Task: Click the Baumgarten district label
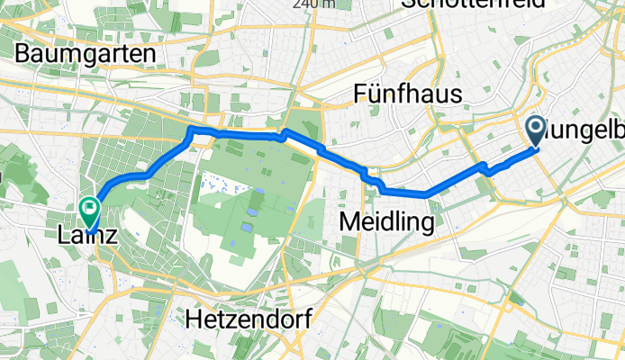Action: coord(85,53)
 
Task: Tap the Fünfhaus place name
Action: coord(408,94)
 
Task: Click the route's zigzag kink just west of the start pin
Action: coord(485,167)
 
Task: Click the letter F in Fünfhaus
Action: coord(363,94)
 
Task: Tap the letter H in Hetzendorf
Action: coord(193,318)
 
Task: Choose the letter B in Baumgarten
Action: coord(23,53)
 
